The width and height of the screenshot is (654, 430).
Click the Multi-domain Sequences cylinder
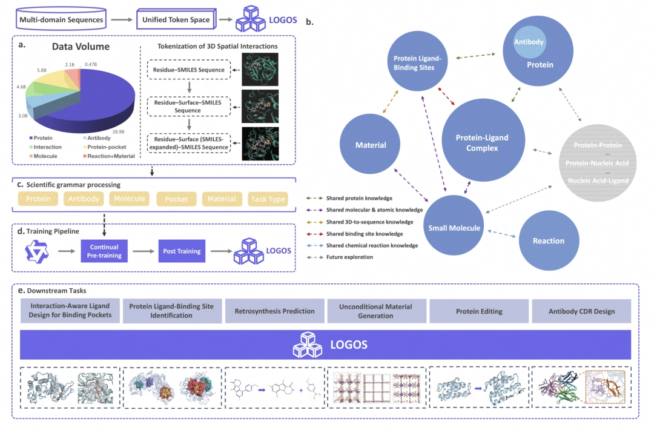point(61,19)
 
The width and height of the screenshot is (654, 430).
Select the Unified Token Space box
point(176,19)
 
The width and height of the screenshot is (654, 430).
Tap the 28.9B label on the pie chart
point(118,132)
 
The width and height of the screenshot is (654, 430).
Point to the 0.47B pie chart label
point(90,65)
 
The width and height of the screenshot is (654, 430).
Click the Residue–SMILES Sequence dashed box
point(189,70)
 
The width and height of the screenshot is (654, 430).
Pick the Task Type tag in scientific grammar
point(268,199)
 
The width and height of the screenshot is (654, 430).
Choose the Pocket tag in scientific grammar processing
point(176,199)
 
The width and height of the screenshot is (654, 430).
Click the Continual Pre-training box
point(104,251)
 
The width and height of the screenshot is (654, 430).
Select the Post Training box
point(182,251)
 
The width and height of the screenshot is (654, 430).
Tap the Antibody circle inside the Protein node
point(529,42)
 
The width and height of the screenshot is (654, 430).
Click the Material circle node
point(370,144)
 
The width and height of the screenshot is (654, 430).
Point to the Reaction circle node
point(549,240)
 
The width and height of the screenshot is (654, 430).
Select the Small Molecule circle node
point(454,225)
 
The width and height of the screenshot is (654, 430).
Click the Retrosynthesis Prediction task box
point(274,311)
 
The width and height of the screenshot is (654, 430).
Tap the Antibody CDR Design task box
point(581,311)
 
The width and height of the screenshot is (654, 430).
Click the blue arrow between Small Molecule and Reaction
point(501,234)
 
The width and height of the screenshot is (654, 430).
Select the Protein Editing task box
point(479,311)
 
